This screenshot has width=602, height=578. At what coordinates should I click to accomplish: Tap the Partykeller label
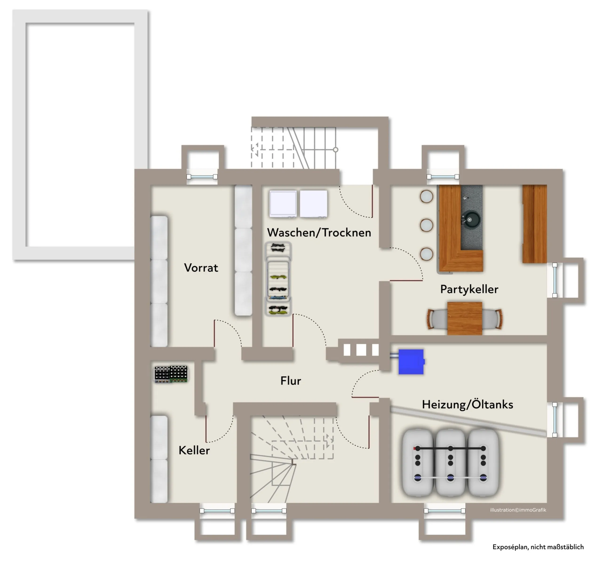[x=469, y=289]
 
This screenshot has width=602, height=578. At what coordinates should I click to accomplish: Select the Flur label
[x=291, y=381]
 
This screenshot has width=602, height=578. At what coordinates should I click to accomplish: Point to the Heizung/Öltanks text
[x=467, y=404]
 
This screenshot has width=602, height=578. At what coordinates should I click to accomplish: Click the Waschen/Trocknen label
[x=319, y=233]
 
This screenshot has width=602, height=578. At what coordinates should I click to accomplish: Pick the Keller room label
[x=194, y=451]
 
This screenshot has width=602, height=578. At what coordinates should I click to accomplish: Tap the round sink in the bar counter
[x=470, y=220]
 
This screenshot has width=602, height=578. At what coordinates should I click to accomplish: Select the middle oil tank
[x=450, y=463]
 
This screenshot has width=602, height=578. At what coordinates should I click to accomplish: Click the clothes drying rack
[x=278, y=279]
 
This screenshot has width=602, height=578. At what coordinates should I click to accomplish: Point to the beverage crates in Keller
[x=171, y=374]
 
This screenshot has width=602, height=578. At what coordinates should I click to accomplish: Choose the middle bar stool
[x=426, y=225]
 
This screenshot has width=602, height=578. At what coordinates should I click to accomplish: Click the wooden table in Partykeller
[x=464, y=318]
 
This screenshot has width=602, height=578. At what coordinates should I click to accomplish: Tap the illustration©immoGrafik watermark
[x=518, y=510]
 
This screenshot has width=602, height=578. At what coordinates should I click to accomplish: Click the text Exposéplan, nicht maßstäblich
[x=538, y=547]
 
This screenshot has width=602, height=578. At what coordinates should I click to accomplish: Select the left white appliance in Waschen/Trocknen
[x=283, y=204]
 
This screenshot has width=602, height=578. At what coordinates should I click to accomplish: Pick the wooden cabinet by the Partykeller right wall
[x=535, y=224]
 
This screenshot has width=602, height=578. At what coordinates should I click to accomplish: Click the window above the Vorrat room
[x=202, y=177]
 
